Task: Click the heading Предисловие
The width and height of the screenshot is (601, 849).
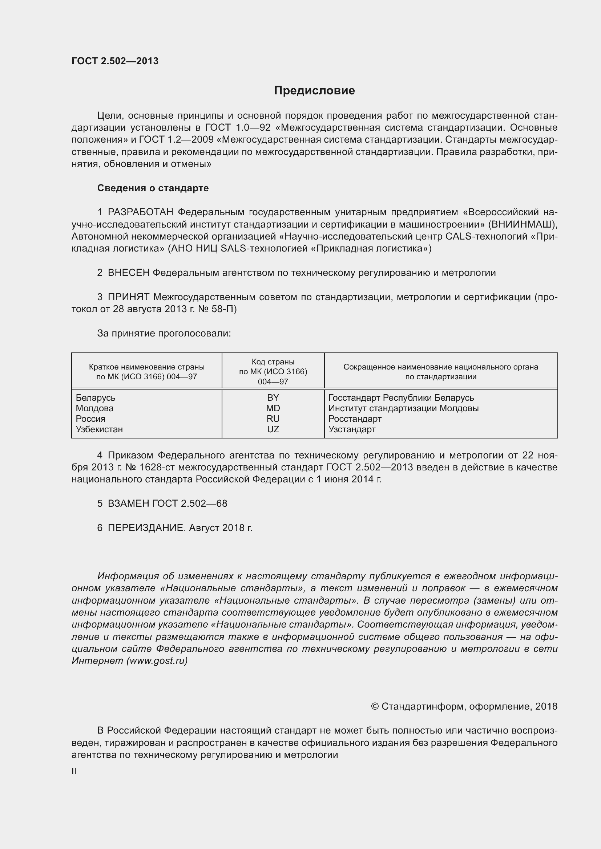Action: point(314,91)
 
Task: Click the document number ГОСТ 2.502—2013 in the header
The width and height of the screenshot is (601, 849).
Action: point(115,61)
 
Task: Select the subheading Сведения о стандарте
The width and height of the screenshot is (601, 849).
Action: point(153,188)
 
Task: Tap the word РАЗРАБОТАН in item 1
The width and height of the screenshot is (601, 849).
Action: point(141,212)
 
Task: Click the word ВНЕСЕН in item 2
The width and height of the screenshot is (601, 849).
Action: point(128,273)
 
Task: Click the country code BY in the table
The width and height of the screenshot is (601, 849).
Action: point(273,398)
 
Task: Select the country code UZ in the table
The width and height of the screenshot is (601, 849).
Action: point(273,429)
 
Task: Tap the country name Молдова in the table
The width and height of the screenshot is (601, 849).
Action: point(94,408)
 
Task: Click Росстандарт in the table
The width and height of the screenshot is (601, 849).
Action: point(355,419)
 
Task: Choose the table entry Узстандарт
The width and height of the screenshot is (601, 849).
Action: point(352,429)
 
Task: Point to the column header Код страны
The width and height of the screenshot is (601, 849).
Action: point(273,362)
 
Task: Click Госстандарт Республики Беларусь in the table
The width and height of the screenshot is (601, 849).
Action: point(401,398)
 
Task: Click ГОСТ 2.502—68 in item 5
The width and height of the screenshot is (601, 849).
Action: point(190,504)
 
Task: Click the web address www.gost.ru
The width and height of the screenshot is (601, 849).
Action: point(157,661)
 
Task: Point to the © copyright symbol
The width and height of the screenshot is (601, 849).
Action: point(375,707)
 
